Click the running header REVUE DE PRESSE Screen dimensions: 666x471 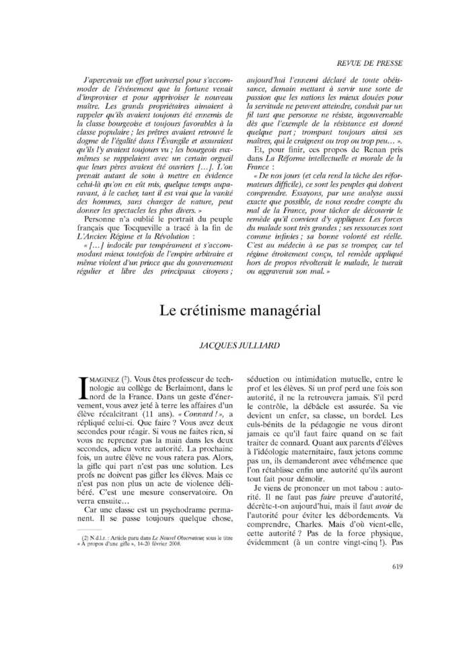370,63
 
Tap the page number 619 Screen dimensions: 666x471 396,567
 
